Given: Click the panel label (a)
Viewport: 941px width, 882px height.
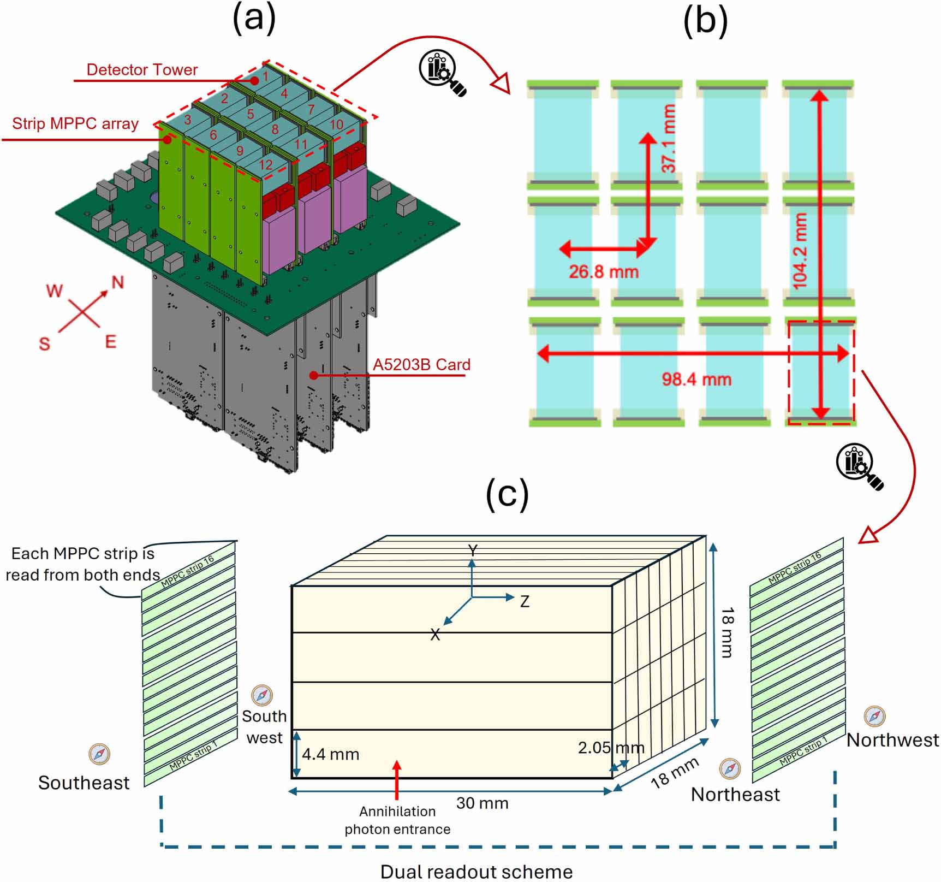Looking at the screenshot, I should [x=254, y=20].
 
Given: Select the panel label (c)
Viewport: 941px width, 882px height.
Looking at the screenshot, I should [x=507, y=494].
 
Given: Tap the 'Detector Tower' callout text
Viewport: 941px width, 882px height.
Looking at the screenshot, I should [x=142, y=70].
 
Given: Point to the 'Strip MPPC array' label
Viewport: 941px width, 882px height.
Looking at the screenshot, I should [x=75, y=124].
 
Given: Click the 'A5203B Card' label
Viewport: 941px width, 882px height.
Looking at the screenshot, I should [x=421, y=365].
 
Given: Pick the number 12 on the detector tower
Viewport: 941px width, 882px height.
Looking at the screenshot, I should [x=266, y=164].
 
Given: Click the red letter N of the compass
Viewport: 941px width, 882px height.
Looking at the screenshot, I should [x=118, y=282].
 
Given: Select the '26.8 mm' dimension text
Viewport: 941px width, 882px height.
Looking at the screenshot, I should [x=604, y=272].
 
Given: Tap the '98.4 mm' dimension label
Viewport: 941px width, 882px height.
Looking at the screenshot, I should [x=696, y=380].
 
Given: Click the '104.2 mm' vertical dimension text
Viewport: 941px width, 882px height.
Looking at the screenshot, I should [x=800, y=251].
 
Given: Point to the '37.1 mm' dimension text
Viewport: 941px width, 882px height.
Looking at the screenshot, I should [x=669, y=139].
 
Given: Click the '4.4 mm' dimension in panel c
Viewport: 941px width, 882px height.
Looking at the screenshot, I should [x=331, y=755].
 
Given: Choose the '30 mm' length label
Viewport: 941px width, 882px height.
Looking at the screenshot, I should [x=483, y=803].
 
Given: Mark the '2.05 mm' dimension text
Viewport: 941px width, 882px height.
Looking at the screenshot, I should [x=611, y=748].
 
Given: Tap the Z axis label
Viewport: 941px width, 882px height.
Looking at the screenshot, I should [x=525, y=602].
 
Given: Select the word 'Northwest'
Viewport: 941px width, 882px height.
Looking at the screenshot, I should [x=892, y=741].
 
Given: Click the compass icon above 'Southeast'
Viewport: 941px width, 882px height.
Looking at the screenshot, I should [x=99, y=754].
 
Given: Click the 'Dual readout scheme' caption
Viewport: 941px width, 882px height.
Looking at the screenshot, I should [x=477, y=872].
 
